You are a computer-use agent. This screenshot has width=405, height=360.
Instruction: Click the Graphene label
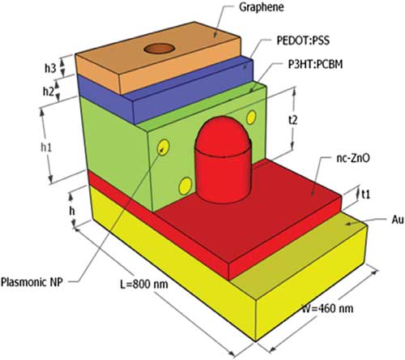click(262, 7)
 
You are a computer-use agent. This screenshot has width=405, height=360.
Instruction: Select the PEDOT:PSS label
click(303, 41)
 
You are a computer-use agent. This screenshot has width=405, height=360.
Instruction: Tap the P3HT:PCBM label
click(315, 64)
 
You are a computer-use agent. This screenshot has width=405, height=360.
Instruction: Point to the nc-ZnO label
click(352, 158)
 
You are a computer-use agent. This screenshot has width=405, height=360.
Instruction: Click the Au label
click(398, 220)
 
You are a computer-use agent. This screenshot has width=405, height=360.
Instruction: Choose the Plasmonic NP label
click(32, 282)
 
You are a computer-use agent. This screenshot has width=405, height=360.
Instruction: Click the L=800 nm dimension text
click(144, 284)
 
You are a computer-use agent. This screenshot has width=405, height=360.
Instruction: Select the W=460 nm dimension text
click(327, 308)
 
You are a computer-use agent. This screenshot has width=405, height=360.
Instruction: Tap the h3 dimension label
click(50, 68)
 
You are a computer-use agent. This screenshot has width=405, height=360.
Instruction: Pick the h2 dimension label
click(49, 92)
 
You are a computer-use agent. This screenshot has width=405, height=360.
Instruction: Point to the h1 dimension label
click(46, 148)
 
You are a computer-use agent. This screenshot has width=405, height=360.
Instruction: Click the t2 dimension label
click(292, 120)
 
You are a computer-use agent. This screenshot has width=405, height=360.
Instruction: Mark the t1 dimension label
click(365, 194)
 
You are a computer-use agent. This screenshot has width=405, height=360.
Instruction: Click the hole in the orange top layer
click(160, 49)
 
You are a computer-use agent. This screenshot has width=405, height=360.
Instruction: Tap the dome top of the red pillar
click(223, 134)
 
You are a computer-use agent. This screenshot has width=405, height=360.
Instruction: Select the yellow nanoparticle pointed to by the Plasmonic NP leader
click(164, 148)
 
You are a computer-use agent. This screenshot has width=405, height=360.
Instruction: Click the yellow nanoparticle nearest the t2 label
click(251, 118)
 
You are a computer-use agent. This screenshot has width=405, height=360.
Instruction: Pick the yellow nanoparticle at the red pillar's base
click(185, 186)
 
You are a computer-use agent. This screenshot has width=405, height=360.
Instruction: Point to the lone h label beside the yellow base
click(72, 211)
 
